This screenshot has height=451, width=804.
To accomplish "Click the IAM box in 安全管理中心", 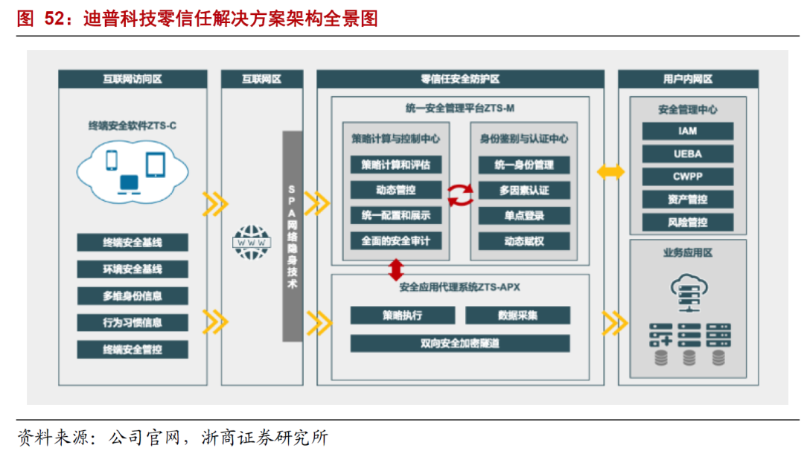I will click(687, 132).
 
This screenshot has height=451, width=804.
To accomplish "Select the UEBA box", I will click(687, 154).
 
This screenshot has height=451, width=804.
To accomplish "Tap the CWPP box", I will click(687, 176).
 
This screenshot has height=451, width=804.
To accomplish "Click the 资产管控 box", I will click(687, 199).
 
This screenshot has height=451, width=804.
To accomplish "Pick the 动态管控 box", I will click(395, 191).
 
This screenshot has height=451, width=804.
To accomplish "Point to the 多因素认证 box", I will click(524, 191).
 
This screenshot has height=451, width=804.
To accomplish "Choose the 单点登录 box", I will click(524, 216).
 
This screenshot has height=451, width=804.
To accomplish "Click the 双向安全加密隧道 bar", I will click(459, 343).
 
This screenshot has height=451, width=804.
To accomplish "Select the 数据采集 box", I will click(517, 316).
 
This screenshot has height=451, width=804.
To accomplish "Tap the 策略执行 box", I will click(402, 316).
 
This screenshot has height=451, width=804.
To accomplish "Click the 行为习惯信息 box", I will click(133, 323).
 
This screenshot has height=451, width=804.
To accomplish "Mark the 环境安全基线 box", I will click(133, 269).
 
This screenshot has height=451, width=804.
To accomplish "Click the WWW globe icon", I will click(252, 242).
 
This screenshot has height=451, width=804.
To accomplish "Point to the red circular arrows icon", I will click(460, 195).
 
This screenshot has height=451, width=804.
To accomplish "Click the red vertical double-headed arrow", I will click(395, 268).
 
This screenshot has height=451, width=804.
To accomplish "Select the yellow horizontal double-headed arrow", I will click(610, 172).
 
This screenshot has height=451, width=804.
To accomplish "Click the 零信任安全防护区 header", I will click(459, 79).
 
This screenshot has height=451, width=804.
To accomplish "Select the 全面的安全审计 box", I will click(395, 241).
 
